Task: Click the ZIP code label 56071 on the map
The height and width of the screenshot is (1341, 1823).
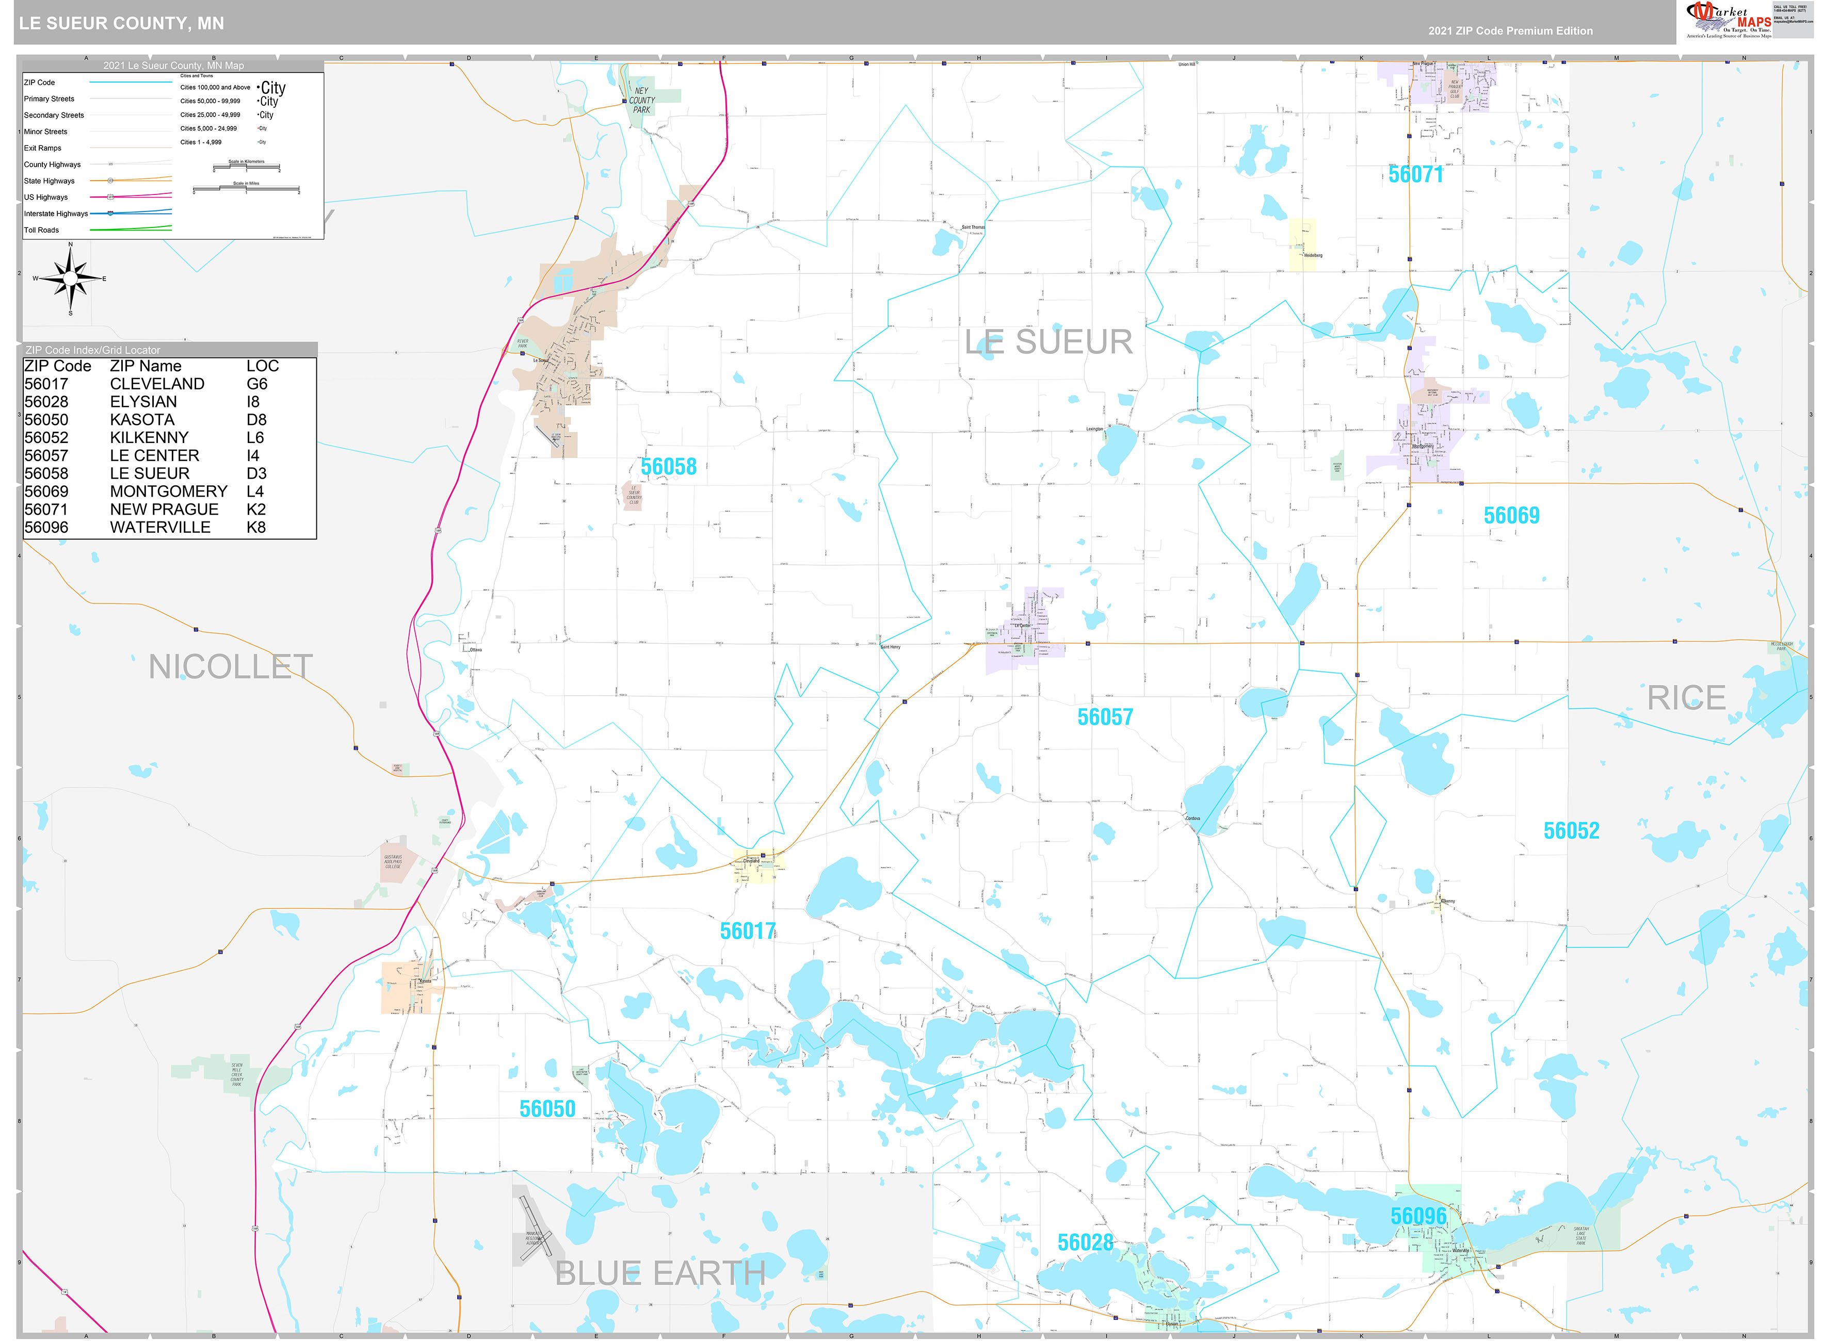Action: pyautogui.click(x=1415, y=174)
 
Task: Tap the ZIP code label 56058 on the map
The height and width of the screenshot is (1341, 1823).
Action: pyautogui.click(x=668, y=467)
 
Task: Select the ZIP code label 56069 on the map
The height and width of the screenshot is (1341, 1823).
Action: pyautogui.click(x=1511, y=515)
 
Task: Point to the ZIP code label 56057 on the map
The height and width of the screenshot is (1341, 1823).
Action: pyautogui.click(x=1104, y=717)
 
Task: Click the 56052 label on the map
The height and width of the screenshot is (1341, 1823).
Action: pyautogui.click(x=1571, y=830)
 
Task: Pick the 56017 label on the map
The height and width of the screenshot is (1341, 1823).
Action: pyautogui.click(x=748, y=931)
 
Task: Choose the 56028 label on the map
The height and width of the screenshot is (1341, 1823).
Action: pyautogui.click(x=1085, y=1243)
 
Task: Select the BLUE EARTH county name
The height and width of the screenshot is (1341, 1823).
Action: pyautogui.click(x=660, y=1273)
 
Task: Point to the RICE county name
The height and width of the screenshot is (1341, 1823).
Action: pyautogui.click(x=1686, y=698)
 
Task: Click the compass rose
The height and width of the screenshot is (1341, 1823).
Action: pyautogui.click(x=71, y=279)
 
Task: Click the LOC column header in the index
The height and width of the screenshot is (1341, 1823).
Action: pyautogui.click(x=262, y=366)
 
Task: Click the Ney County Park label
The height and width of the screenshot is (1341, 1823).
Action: pyautogui.click(x=641, y=101)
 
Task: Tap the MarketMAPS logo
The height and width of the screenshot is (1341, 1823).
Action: pyautogui.click(x=1728, y=20)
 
